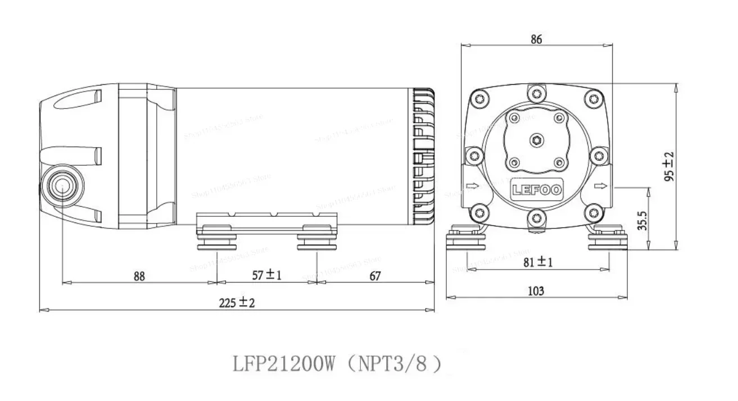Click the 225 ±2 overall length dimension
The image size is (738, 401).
pyautogui.click(x=237, y=303)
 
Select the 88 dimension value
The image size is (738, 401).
pyautogui.click(x=139, y=276)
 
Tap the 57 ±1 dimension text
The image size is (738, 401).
pyautogui.click(x=266, y=275)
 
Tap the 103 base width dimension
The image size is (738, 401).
pyautogui.click(x=536, y=291)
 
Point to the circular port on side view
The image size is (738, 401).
pyautogui.click(x=61, y=185)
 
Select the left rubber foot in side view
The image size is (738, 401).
pyautogui.click(x=216, y=240)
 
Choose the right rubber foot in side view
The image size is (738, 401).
pyautogui.click(x=317, y=240)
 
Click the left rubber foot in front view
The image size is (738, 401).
pyautogui.click(x=465, y=240)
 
